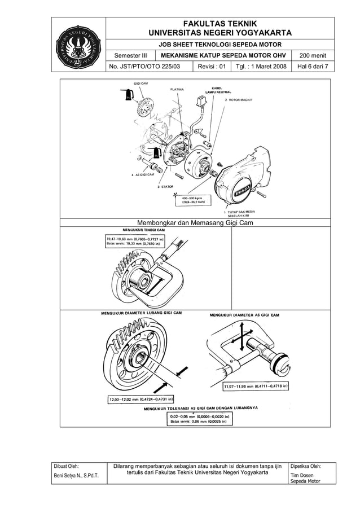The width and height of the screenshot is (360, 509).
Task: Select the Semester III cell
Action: (x=131, y=55)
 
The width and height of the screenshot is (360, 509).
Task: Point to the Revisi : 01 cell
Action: (x=211, y=67)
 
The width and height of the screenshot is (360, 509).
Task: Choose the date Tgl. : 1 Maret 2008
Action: (x=261, y=67)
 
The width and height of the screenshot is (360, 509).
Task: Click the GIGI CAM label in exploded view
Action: (x=141, y=84)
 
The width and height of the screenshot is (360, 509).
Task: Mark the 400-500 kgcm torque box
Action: (x=193, y=200)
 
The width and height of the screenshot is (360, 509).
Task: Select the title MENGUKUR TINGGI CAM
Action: (x=144, y=230)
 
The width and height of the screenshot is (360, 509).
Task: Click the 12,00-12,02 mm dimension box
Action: (x=140, y=400)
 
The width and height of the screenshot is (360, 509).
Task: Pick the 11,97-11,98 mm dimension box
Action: (x=256, y=387)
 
